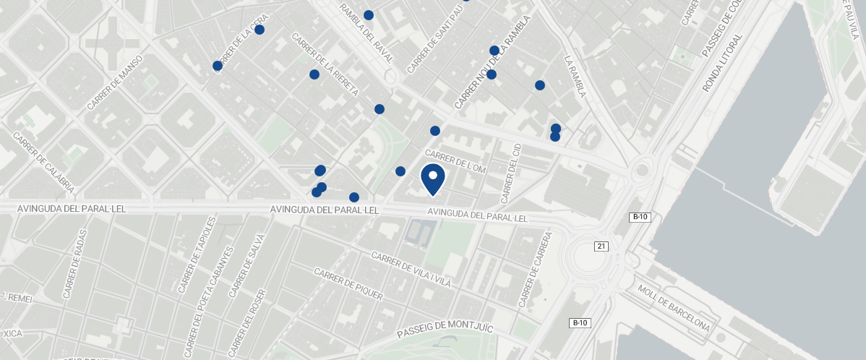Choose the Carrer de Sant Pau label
point(434,40)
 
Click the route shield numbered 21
point(601,247)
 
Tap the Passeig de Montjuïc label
point(445,331)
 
